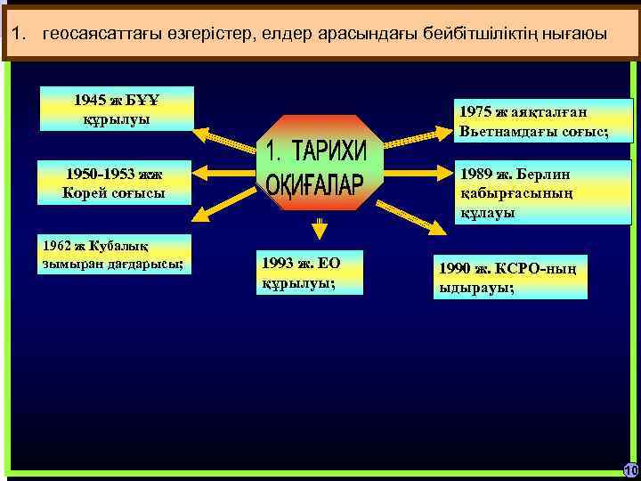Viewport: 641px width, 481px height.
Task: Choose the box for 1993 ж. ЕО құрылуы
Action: [309, 273]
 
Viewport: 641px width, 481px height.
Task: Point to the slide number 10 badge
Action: [630, 469]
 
